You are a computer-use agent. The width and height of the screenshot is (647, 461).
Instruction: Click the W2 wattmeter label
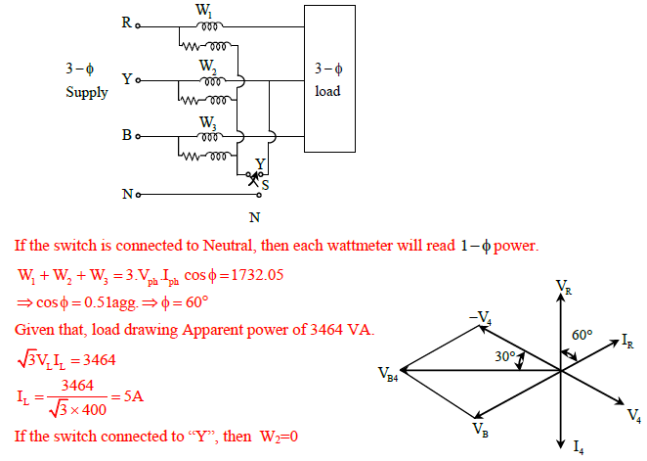click(207, 66)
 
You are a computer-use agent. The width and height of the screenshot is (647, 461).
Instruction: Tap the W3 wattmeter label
click(207, 122)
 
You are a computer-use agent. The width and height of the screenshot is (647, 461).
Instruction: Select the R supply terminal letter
click(126, 23)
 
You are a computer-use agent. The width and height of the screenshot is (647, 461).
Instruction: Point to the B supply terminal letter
click(126, 135)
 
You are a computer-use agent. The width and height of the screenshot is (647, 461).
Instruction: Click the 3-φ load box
click(328, 78)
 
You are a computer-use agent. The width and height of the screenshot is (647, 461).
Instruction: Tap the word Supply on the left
click(87, 93)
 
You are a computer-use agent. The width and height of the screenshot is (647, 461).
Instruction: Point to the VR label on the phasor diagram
click(564, 287)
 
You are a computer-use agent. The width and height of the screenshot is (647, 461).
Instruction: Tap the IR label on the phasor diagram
click(628, 341)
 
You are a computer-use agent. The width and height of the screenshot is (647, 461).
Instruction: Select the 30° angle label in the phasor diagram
click(505, 357)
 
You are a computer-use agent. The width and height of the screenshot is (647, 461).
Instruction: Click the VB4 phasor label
click(388, 373)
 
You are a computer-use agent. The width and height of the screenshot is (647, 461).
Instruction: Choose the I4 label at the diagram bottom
click(579, 448)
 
